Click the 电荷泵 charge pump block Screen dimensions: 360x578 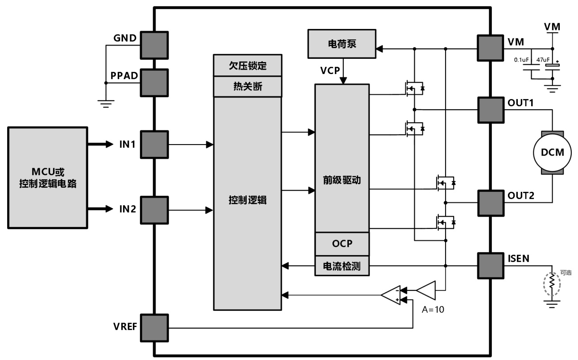pos(341,45)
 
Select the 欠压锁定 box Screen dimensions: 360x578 pos(248,66)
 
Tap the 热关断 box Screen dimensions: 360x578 pos(248,87)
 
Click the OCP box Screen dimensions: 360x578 pos(342,244)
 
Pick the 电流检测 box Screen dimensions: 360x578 pos(342,266)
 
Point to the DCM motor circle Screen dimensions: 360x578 pos(553,152)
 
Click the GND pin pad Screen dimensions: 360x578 pos(154,45)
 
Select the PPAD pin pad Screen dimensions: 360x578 pos(154,83)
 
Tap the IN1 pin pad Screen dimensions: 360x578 pos(154,145)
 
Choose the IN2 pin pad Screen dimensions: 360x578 pos(154,210)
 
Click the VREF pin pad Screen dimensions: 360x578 pos(154,328)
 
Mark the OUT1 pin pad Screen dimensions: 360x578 pos(491,110)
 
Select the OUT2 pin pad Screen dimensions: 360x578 pos(491,203)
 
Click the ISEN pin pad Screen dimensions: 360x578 pos(491,266)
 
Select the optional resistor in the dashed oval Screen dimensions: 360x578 pos(552,282)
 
